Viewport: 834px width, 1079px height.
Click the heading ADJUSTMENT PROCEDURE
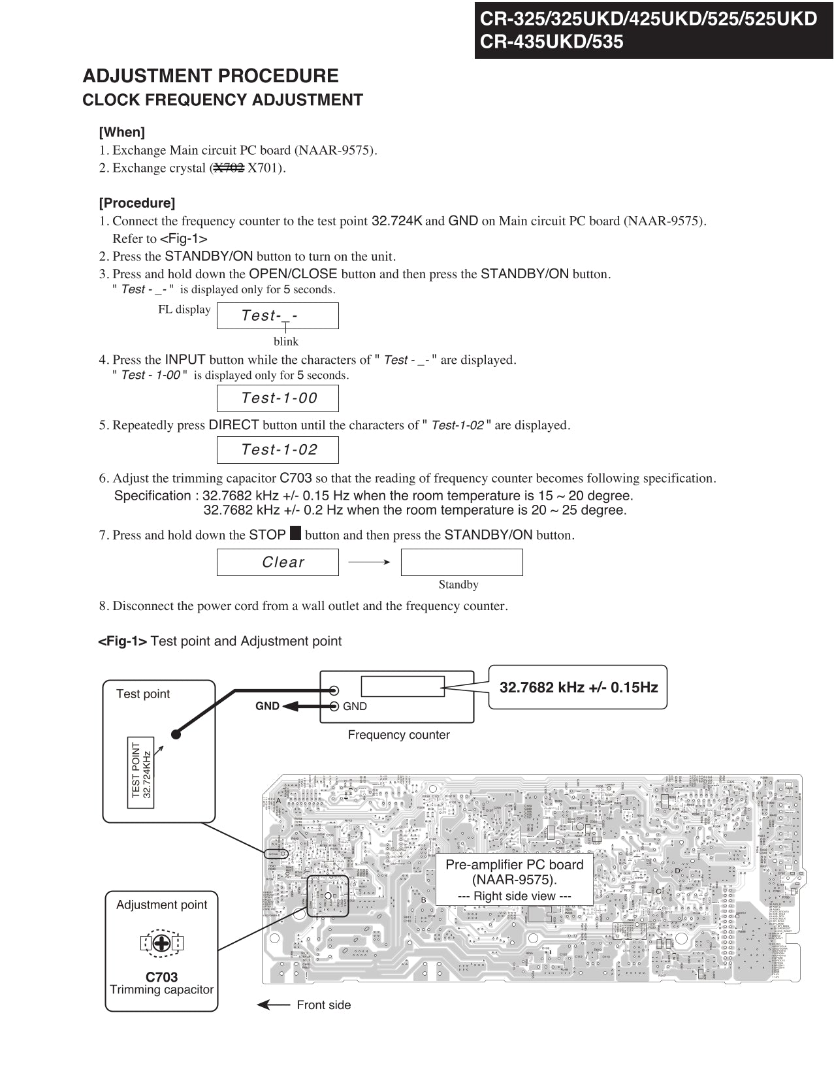coord(210,76)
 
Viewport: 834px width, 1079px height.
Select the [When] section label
coord(121,132)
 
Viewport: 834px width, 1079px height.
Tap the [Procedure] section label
coord(137,202)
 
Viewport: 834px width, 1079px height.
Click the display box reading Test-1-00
coord(278,398)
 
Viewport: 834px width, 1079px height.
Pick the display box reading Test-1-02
coord(278,449)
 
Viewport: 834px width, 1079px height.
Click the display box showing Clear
coord(278,562)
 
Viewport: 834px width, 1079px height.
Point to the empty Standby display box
coord(461,562)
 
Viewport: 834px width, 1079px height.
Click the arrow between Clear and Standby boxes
coord(369,562)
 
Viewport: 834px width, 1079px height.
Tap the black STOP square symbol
coord(295,534)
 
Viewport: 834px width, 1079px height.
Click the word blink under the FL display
coord(286,342)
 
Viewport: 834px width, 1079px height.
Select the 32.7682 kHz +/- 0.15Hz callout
coord(578,687)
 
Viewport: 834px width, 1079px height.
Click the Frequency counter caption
coord(398,735)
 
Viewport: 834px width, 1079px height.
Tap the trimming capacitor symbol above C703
coord(161,943)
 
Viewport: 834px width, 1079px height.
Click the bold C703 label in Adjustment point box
coord(161,977)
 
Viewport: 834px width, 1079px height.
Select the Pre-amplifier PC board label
coord(514,872)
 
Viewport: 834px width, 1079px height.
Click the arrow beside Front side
coord(273,1005)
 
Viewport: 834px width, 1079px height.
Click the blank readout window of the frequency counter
coord(402,686)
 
